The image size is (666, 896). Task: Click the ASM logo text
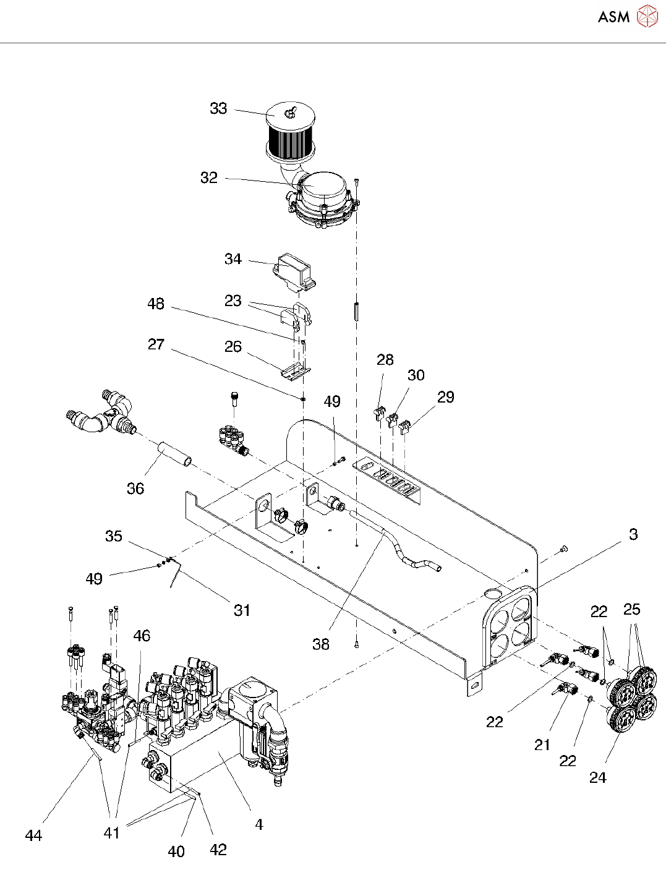[613, 17]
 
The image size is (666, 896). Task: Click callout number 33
[218, 109]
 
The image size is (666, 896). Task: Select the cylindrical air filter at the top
[290, 134]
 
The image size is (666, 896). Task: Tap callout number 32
[209, 178]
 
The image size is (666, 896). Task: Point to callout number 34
[233, 259]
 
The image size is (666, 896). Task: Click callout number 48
[156, 304]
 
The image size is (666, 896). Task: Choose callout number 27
[156, 344]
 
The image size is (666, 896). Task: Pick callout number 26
[233, 347]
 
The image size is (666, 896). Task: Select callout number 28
[385, 360]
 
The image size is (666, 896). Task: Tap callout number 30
[416, 375]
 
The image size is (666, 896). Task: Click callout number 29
[445, 397]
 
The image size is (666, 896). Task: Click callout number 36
[135, 489]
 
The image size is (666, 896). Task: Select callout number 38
[320, 644]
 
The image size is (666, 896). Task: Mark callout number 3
[633, 534]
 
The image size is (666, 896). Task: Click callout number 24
[597, 778]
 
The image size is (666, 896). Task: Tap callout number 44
[33, 835]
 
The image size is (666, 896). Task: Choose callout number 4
[259, 824]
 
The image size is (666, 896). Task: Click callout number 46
[142, 636]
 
